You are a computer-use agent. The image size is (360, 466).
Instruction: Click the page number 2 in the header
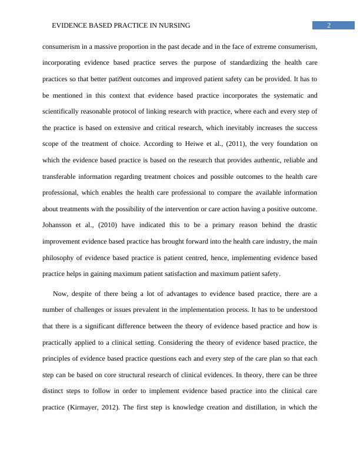pos(329,25)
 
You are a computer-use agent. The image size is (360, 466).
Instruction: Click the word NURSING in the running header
pos(173,26)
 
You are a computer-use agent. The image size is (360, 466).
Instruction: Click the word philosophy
pos(62,258)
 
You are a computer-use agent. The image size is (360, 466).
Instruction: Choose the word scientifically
pos(65,111)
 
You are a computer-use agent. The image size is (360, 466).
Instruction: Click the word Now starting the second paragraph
pos(61,294)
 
